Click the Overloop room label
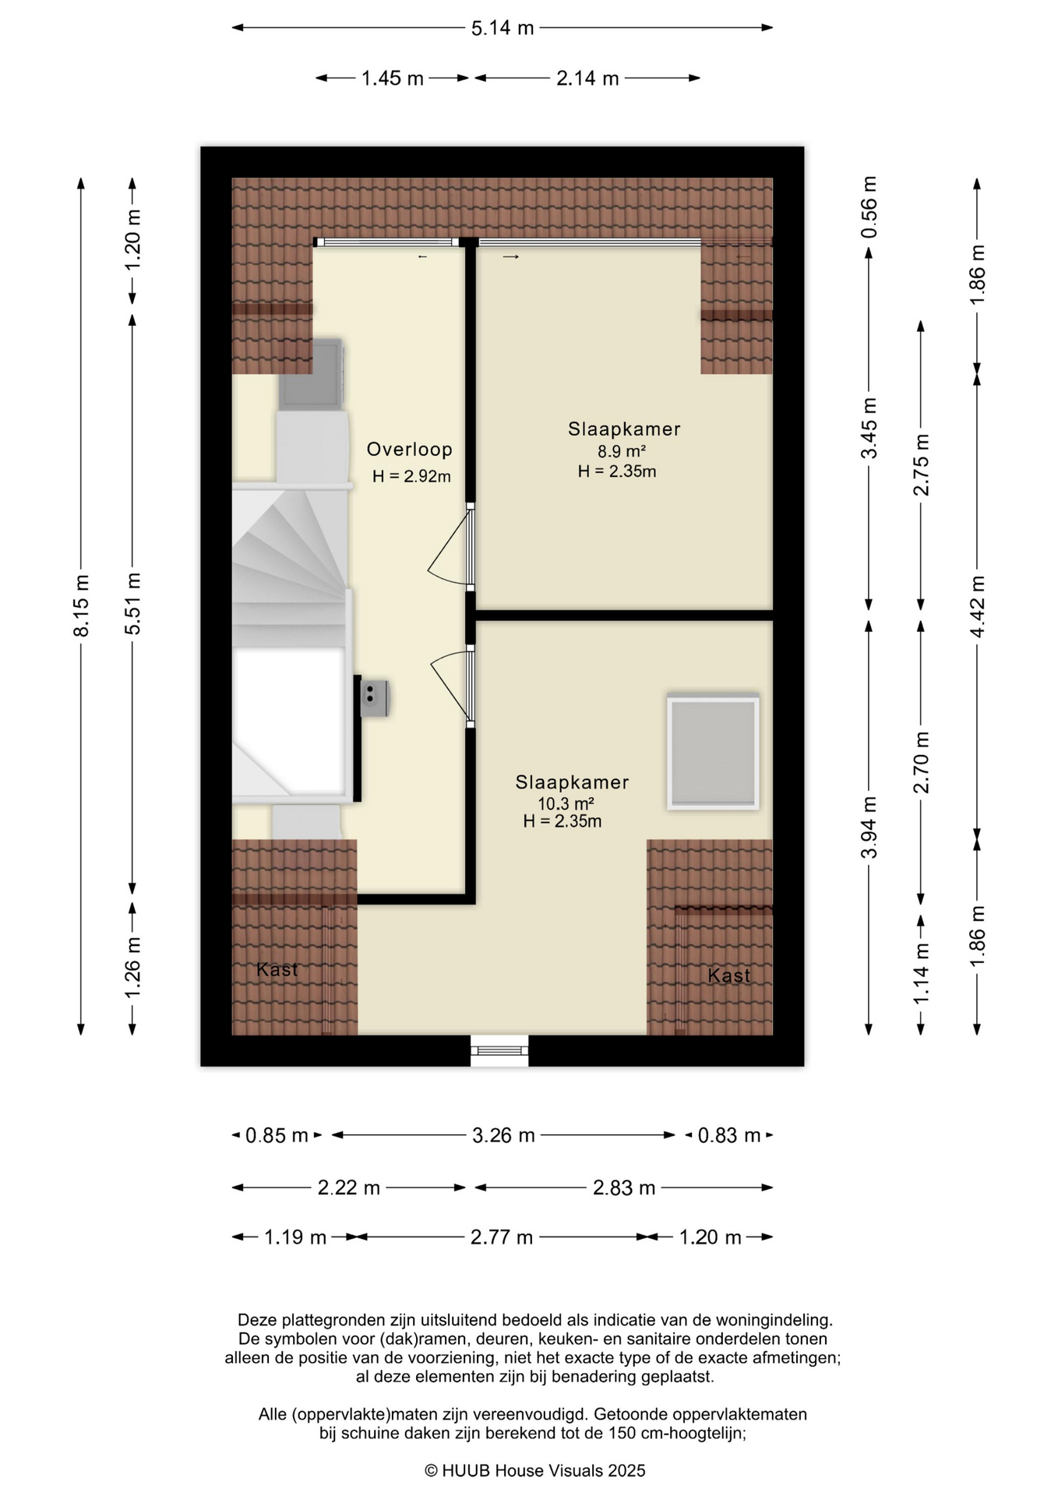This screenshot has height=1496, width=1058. [x=409, y=450]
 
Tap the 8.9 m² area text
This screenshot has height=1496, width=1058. [x=622, y=451]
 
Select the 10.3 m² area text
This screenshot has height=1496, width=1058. [x=566, y=803]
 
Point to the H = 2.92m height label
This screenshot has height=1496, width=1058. [x=411, y=477]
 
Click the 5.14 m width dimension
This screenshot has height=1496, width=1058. [x=503, y=28]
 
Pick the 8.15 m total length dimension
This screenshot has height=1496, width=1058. [x=81, y=605]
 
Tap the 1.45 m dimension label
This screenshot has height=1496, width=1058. [x=392, y=78]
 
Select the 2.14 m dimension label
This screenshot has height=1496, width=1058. [x=587, y=78]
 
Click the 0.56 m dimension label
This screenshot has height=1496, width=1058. [x=869, y=207]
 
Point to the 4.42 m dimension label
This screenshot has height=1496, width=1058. [x=977, y=605]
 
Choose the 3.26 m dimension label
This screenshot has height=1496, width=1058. [x=503, y=1135]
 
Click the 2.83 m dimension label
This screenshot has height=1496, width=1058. [x=624, y=1187]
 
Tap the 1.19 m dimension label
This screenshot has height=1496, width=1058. [x=295, y=1237]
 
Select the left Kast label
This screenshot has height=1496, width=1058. [x=277, y=969]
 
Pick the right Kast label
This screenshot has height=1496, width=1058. [x=729, y=975]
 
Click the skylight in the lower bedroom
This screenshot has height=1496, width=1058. [x=713, y=751]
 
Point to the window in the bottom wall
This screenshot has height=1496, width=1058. [x=499, y=1050]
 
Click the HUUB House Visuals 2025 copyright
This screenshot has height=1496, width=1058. [x=535, y=1470]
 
